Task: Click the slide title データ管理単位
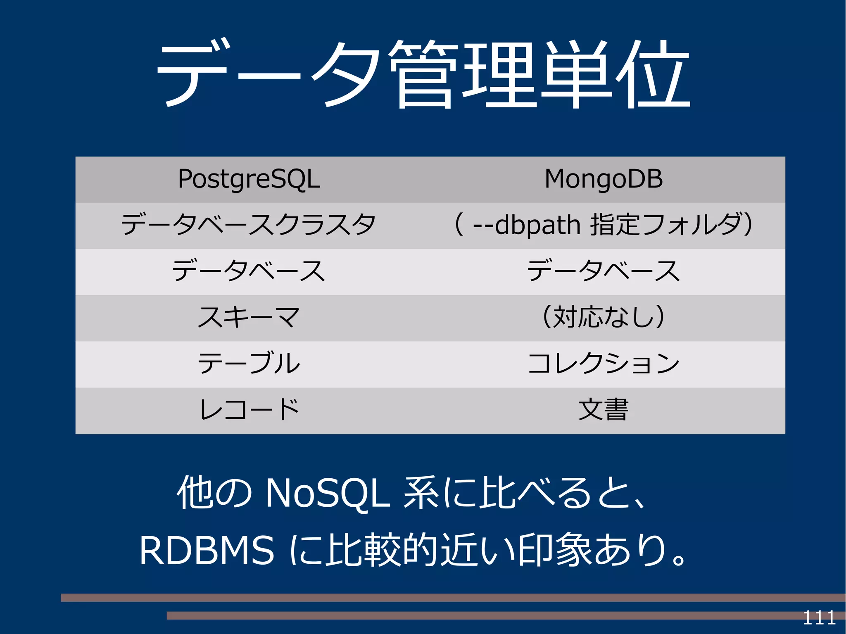423,74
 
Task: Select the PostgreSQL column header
249,179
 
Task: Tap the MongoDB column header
604,179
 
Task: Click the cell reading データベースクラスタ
248,225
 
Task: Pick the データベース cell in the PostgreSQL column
248,271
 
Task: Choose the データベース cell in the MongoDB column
604,271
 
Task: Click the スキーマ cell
248,318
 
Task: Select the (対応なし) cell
604,318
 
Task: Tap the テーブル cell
248,364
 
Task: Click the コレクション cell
604,364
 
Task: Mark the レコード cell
248,410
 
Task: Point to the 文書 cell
604,410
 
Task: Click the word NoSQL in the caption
328,493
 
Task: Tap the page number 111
819,618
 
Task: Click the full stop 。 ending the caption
678,558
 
